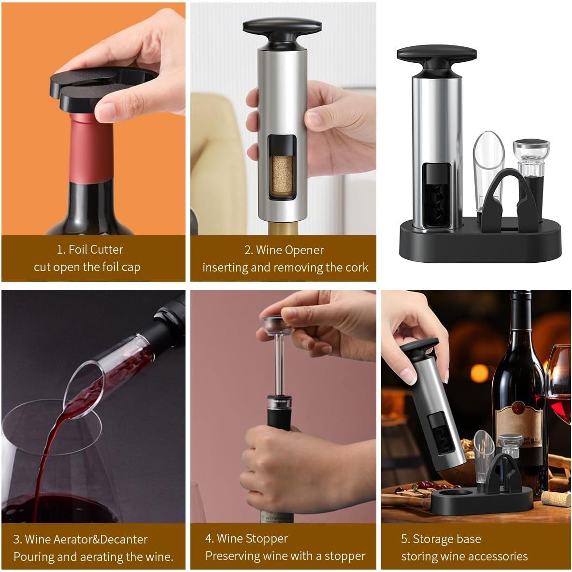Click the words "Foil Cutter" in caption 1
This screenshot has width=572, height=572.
[96, 250]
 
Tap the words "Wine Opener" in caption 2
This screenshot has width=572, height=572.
[290, 250]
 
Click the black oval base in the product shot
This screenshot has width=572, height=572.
[481, 244]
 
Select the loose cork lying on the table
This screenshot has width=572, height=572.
[556, 498]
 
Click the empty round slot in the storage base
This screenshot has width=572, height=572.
[456, 494]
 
